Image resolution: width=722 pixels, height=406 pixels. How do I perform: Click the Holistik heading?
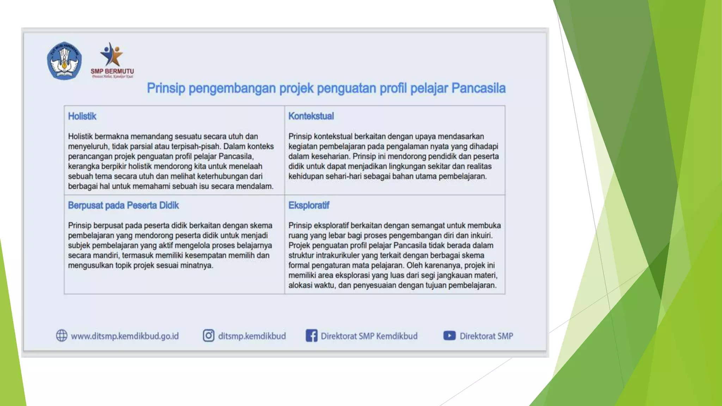82,116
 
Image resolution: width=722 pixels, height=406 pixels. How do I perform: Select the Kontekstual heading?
311,116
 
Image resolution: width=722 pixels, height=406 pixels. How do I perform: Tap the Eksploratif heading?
308,205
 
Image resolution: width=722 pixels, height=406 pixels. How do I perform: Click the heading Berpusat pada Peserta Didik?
123,205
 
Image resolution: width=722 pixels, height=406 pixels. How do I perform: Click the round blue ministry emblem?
65,61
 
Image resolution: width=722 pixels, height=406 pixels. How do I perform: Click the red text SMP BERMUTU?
112,71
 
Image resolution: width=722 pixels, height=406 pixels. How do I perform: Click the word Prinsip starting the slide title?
166,88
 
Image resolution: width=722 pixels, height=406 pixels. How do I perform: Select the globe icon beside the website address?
62,336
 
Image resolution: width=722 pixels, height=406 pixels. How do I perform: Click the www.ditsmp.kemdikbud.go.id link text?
125,336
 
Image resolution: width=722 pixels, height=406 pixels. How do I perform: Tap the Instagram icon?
208,336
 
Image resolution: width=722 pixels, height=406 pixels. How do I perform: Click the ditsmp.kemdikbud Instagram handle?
252,336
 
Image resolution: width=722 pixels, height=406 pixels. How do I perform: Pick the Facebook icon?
311,336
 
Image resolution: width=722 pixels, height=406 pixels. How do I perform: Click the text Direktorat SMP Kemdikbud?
369,336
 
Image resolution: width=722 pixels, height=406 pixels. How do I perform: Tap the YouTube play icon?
449,336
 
